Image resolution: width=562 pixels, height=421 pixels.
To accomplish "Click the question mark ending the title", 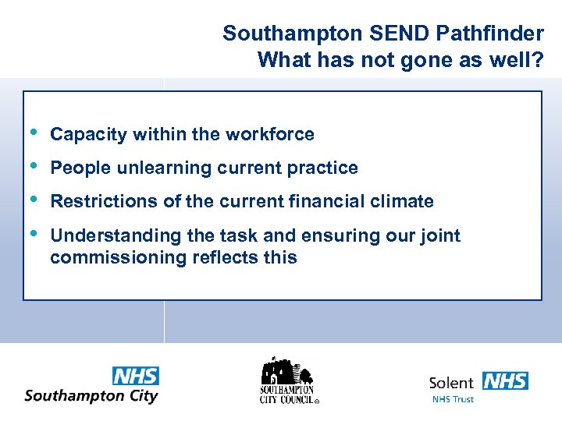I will [537, 60].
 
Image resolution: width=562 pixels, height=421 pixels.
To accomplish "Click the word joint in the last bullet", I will [439, 235].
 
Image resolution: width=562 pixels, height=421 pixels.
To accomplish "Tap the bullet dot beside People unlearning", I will [32, 165].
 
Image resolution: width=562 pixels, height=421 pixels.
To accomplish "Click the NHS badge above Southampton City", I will [136, 376].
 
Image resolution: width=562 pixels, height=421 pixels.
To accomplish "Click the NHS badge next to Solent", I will [505, 381].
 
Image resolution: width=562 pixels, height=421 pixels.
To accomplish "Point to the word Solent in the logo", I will [451, 382].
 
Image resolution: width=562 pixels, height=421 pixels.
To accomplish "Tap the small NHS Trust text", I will [453, 400].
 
